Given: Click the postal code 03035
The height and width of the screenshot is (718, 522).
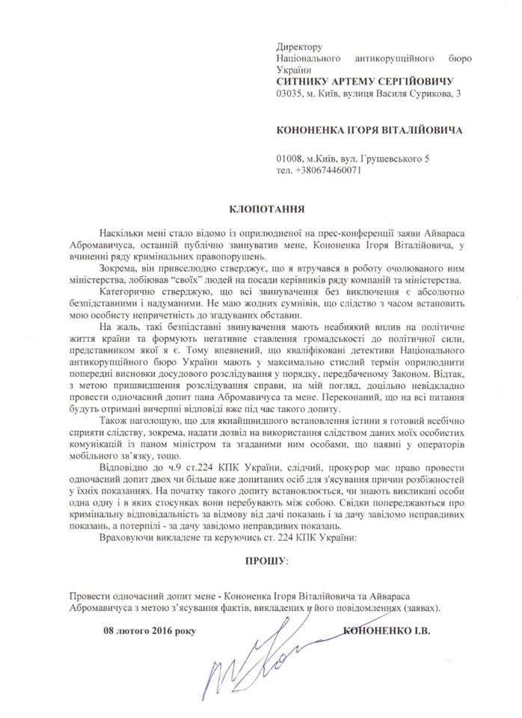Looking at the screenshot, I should (x=291, y=92).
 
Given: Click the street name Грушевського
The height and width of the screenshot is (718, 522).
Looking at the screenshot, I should (x=390, y=157).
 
